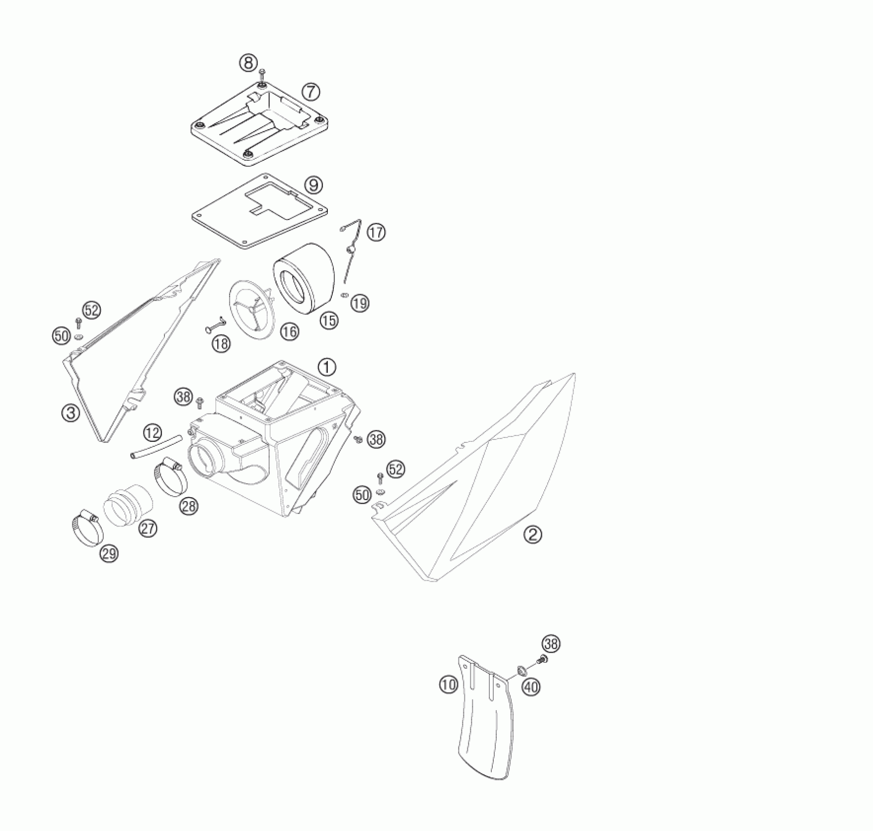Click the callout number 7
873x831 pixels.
point(311,91)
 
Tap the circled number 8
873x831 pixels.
point(248,63)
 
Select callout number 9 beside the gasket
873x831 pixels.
point(313,185)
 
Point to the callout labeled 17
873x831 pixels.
point(376,232)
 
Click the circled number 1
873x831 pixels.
point(327,367)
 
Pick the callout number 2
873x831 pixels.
point(533,534)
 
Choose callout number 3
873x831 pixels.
point(70,413)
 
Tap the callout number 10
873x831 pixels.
point(448,684)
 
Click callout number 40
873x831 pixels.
point(531,687)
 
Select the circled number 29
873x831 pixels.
point(109,553)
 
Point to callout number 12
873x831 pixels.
point(153,432)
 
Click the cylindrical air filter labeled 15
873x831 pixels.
point(303,281)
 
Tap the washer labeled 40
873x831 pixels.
point(522,669)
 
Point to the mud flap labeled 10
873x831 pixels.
point(482,733)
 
